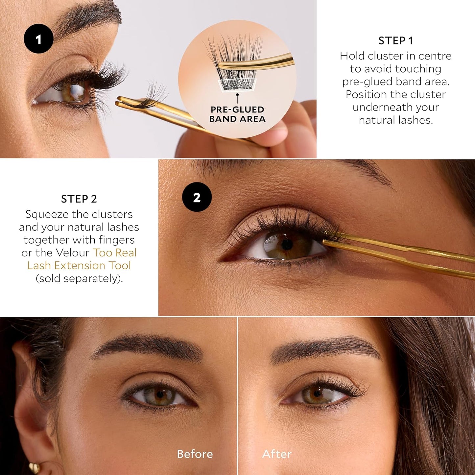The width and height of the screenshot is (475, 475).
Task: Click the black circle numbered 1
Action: [x=38, y=39]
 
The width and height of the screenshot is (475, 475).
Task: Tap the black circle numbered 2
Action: [x=197, y=197]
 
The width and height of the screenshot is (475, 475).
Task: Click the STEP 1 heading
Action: [x=395, y=41]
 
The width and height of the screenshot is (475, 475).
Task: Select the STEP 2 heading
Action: [x=79, y=199]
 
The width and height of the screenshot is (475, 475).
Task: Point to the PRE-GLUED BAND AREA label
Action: [x=237, y=114]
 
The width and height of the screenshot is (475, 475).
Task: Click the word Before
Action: [x=195, y=454]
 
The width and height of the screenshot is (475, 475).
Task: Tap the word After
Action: [x=277, y=454]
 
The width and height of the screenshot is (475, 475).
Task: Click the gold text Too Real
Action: [x=114, y=252]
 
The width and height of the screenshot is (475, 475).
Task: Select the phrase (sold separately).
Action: [x=79, y=278]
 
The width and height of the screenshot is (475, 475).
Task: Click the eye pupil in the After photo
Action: [x=317, y=393]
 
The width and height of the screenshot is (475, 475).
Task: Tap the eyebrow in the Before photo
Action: [x=148, y=345]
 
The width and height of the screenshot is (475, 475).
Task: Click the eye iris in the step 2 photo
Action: [x=287, y=245]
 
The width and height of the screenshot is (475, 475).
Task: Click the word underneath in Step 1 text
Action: [x=395, y=107]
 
